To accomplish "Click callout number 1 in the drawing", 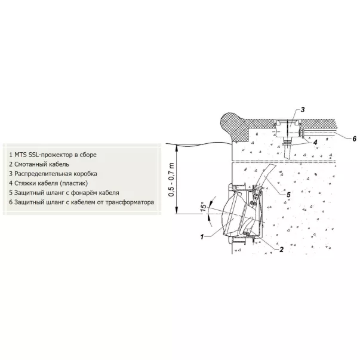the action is click(x=202, y=236).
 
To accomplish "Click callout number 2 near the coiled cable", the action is click(x=281, y=250).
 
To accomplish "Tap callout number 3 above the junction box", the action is click(x=303, y=110).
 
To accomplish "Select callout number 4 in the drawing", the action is click(x=315, y=142).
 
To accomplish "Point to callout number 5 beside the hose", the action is click(x=288, y=195).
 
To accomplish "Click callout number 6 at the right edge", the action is click(x=354, y=139).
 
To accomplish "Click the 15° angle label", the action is click(x=204, y=207).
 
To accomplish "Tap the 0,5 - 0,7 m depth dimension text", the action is click(x=171, y=180).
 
